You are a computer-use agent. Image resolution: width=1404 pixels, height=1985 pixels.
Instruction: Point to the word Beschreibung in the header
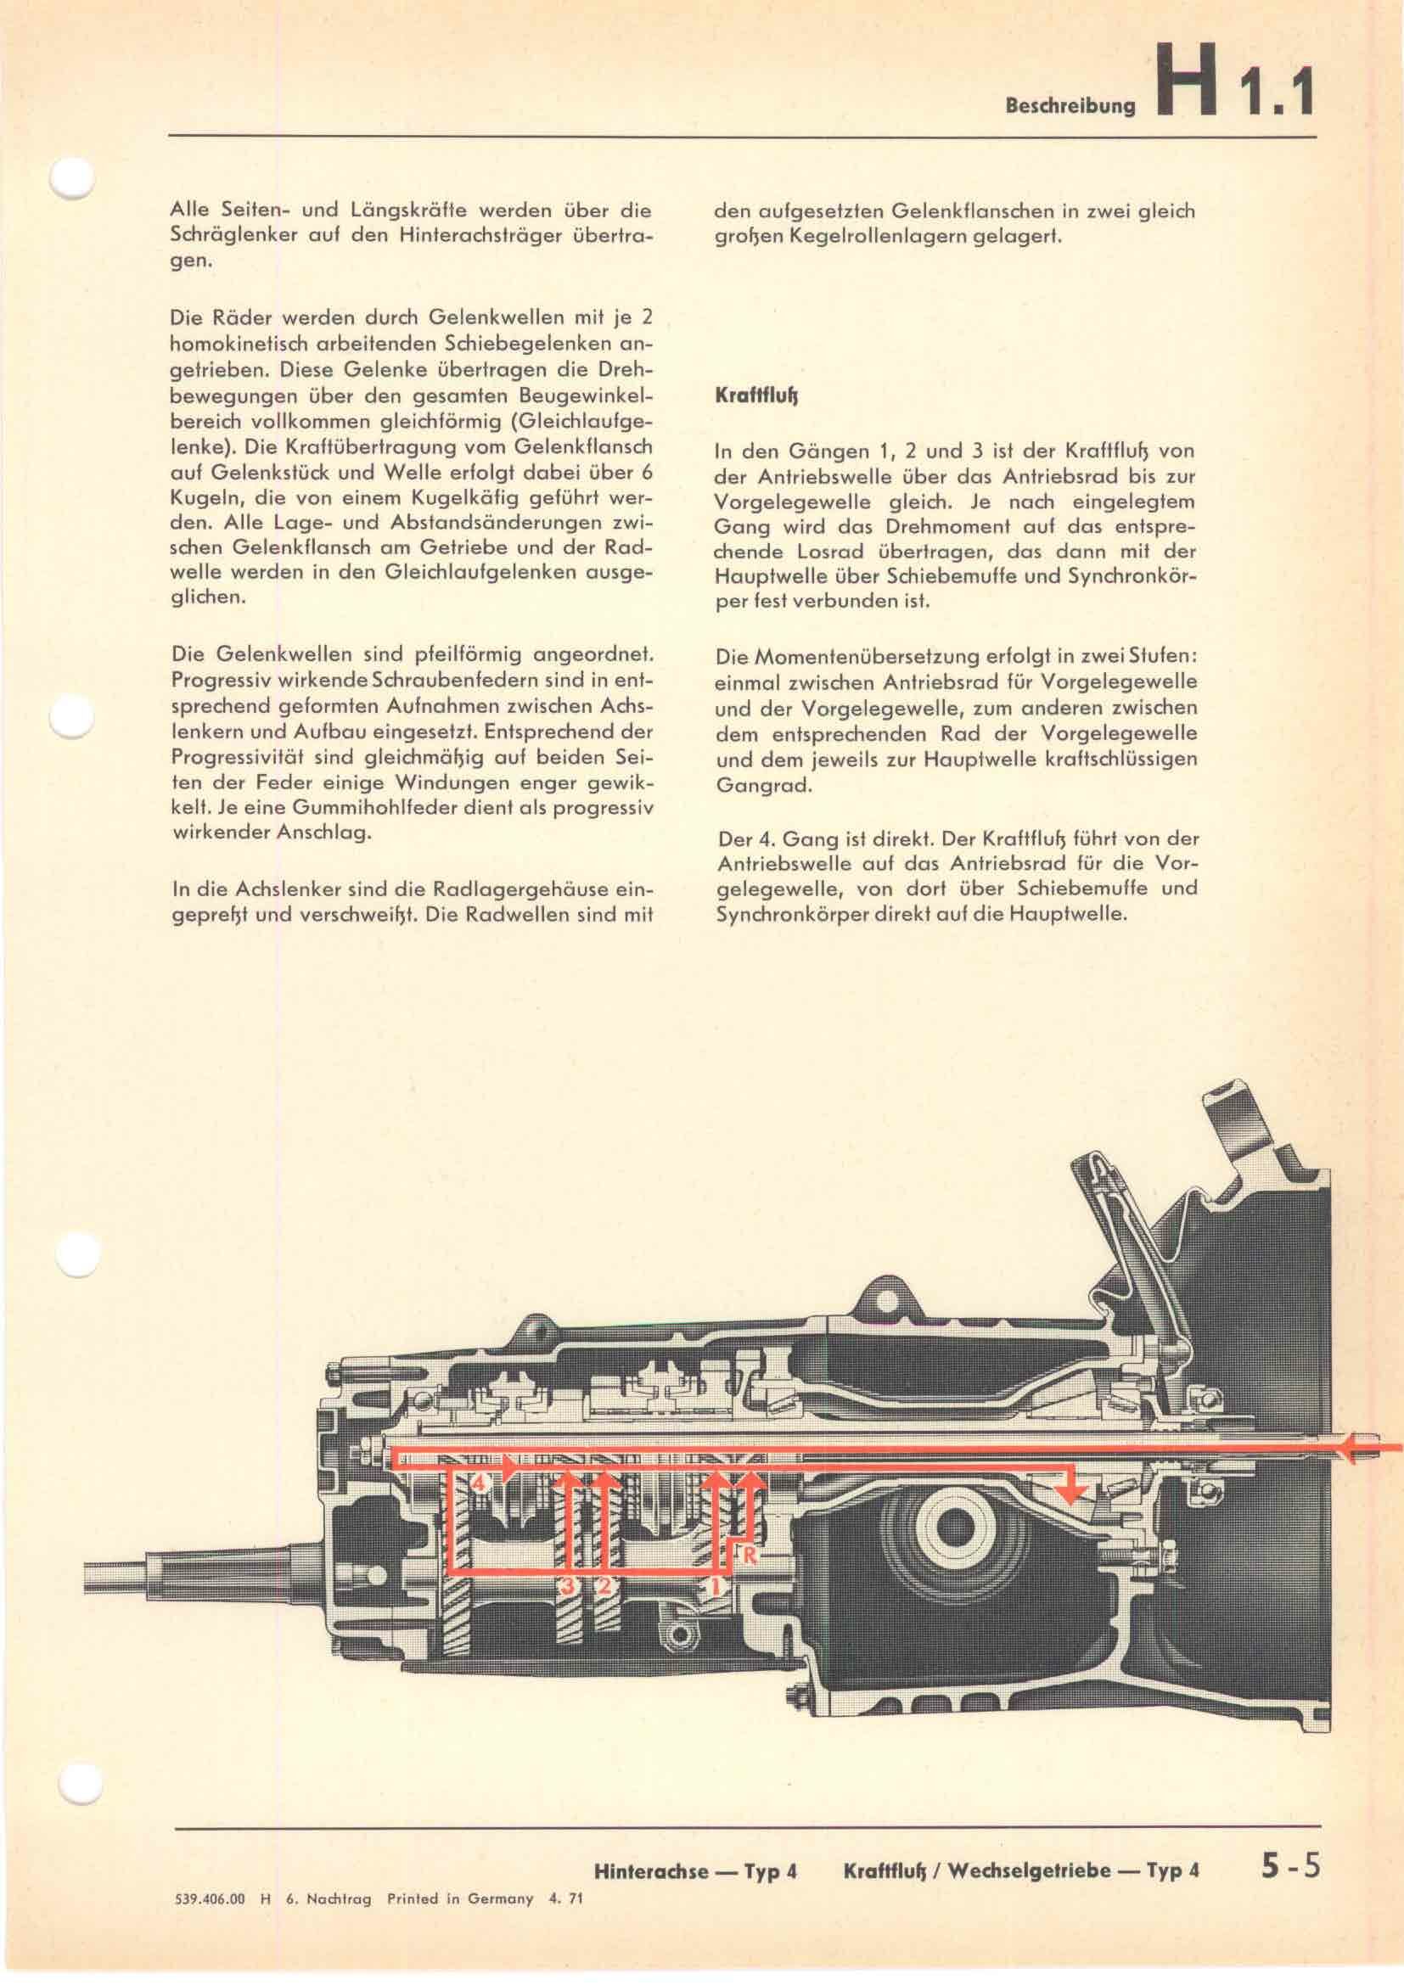point(1069,107)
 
